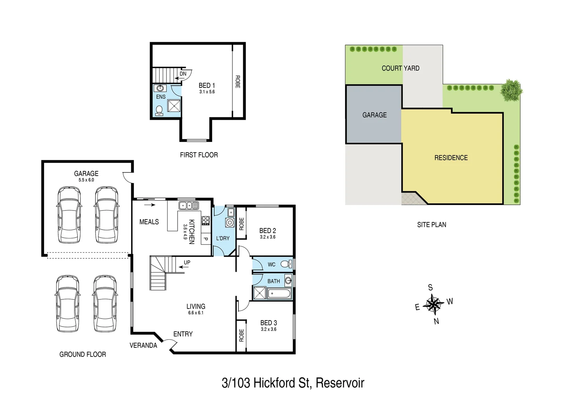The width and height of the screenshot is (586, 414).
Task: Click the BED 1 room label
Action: coord(207,85)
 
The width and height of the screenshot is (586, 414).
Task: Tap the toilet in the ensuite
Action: coord(159,110)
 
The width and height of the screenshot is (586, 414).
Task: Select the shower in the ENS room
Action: coord(174,106)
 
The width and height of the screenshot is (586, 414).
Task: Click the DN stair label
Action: coord(183,74)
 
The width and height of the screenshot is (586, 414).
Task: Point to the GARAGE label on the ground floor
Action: coord(86,174)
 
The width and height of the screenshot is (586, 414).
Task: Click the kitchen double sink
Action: coord(188,206)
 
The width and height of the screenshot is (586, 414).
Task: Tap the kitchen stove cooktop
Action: coord(206,220)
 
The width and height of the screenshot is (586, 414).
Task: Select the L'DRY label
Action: coord(223,238)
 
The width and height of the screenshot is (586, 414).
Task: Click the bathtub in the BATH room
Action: coord(279,294)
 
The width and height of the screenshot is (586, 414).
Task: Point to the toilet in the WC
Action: coord(286,264)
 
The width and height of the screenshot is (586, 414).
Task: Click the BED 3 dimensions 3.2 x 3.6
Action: coord(268,329)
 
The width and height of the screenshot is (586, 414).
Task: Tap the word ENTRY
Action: coord(183,334)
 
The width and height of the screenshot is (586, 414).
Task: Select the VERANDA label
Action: coord(143,345)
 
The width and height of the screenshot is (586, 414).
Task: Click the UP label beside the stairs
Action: coord(187,263)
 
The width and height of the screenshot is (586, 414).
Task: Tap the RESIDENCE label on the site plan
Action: coord(451,158)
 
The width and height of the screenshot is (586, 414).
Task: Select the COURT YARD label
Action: coord(400,68)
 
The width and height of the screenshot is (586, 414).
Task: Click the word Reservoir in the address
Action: coord(340,383)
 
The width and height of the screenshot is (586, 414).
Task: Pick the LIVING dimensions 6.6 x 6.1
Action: coord(196,313)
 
